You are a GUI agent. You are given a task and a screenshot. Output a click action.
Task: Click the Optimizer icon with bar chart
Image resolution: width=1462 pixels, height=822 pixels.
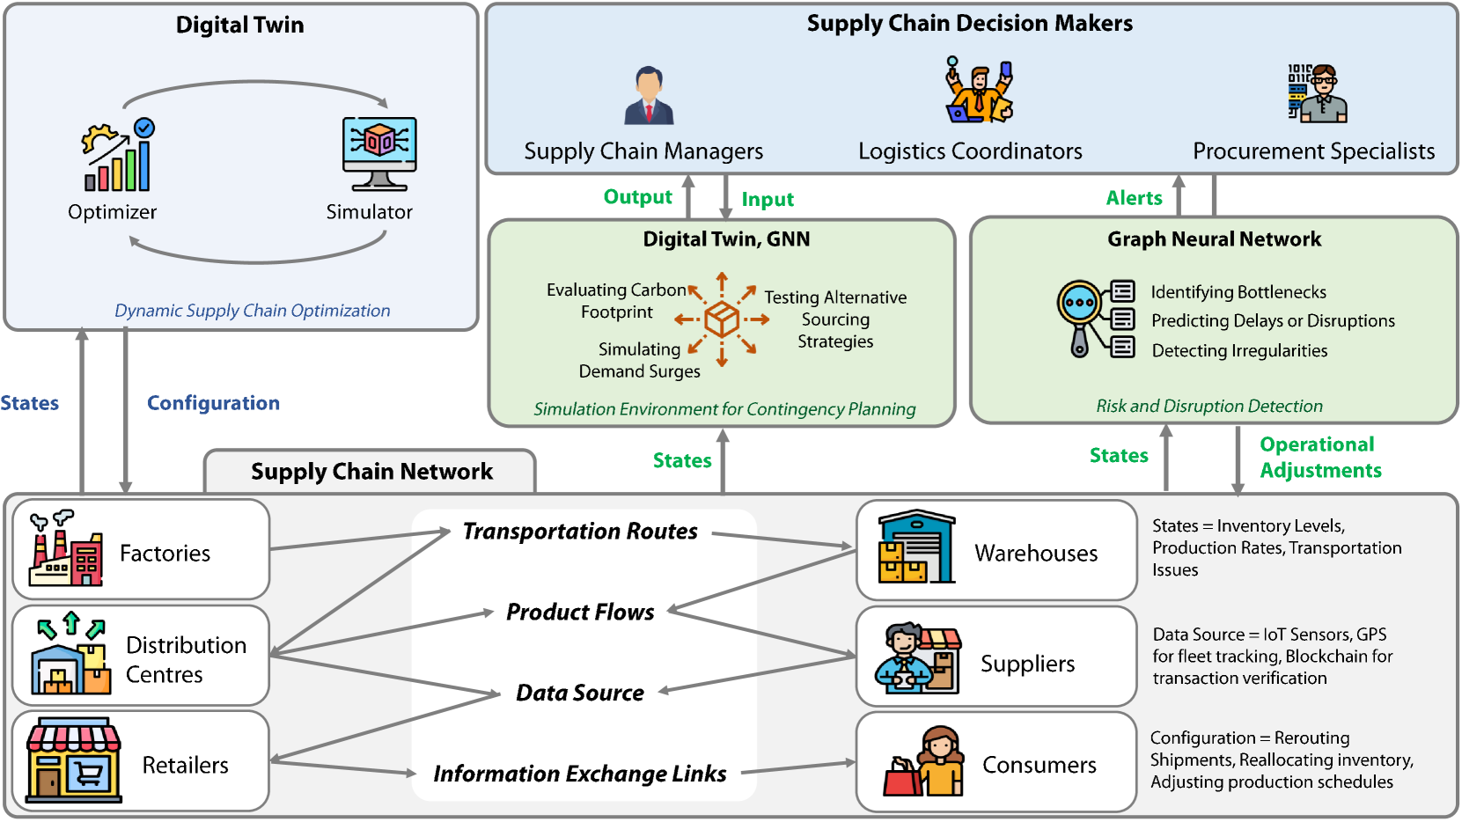coord(118,156)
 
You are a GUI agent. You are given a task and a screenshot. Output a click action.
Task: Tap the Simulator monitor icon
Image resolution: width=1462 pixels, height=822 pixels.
coord(378,153)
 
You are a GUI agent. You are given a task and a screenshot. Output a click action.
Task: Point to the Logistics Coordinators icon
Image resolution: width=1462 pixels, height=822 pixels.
coord(979,90)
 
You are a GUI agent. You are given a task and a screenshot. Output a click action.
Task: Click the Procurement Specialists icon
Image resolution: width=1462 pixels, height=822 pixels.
coord(1317,92)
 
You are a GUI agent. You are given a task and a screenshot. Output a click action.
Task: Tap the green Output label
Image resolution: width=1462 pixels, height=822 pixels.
coord(637,197)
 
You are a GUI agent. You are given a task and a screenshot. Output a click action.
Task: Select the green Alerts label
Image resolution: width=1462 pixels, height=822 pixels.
coord(1134,198)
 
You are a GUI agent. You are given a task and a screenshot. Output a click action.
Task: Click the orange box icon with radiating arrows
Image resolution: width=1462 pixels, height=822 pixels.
coord(722,319)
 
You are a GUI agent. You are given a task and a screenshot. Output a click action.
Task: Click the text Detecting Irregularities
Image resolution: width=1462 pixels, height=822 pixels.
coord(1239,350)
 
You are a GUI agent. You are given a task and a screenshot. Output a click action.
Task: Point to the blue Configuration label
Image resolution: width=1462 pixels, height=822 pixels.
coord(213,403)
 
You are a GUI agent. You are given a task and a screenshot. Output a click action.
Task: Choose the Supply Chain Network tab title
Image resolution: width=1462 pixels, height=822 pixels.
coord(371,472)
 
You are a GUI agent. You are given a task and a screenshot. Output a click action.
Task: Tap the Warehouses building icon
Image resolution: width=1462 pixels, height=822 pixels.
coord(916,547)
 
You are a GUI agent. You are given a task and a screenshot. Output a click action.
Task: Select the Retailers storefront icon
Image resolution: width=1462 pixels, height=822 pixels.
coord(73,761)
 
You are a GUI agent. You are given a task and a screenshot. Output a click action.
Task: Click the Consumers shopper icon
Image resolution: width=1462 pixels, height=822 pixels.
coord(923,762)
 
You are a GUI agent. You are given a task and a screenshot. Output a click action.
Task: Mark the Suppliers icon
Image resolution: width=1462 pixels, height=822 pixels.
coord(917,657)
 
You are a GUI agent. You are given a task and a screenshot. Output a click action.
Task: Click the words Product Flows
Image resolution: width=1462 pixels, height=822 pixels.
coord(580,612)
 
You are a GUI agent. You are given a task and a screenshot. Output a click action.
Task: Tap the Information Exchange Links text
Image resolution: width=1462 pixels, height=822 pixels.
coord(580,774)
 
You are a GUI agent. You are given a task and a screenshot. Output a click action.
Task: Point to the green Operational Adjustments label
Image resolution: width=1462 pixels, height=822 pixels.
coord(1319,458)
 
